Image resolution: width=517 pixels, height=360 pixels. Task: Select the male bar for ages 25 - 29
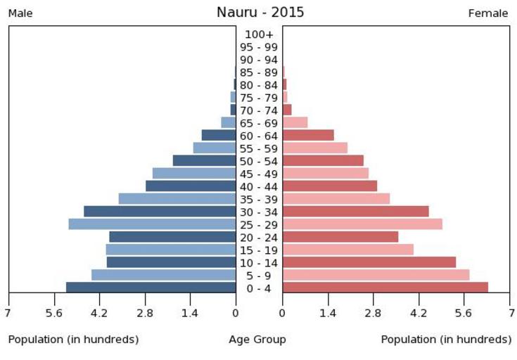tap(152, 224)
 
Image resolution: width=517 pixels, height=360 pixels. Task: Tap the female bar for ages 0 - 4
tap(385, 288)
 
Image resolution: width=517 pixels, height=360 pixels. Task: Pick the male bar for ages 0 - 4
tap(151, 288)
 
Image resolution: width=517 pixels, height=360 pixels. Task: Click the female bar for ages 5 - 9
tap(376, 275)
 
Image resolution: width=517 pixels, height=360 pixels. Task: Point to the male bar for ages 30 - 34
tap(160, 212)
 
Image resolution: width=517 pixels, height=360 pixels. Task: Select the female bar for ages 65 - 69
tap(295, 122)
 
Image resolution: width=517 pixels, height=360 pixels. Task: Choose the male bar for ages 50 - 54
tap(204, 161)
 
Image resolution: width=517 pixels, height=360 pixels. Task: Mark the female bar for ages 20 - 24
tap(340, 237)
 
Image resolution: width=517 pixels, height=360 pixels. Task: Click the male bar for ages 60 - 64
tap(218, 135)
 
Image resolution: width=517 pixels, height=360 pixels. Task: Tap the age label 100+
tap(259, 34)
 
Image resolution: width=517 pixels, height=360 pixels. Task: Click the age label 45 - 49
tap(259, 174)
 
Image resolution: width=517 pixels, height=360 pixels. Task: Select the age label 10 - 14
tap(259, 263)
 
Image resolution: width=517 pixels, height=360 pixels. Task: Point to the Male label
tap(20, 13)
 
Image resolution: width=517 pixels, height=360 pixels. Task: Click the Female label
tap(488, 13)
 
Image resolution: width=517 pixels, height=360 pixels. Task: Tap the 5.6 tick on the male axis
tap(53, 313)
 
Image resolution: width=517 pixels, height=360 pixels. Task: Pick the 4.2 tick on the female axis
tap(419, 313)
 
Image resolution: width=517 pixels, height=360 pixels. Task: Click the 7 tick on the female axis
tap(510, 313)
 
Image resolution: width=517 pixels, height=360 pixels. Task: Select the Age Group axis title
tap(257, 340)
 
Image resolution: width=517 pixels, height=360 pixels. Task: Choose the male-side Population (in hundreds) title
tap(73, 340)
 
